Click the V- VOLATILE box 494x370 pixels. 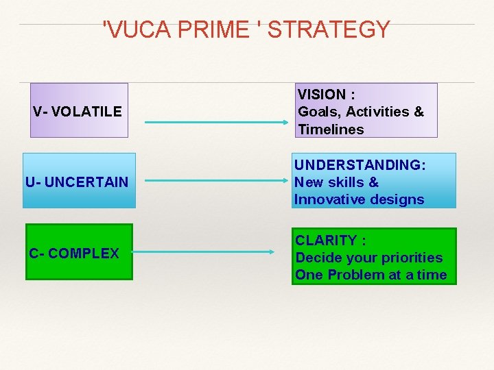79,110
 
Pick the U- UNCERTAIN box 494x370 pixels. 79,182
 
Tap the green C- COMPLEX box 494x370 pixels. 79,252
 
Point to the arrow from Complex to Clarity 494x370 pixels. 203,252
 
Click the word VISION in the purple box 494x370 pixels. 322,94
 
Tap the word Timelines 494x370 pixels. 331,129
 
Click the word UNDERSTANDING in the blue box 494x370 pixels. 357,165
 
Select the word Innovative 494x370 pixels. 328,199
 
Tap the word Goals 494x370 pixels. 319,111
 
